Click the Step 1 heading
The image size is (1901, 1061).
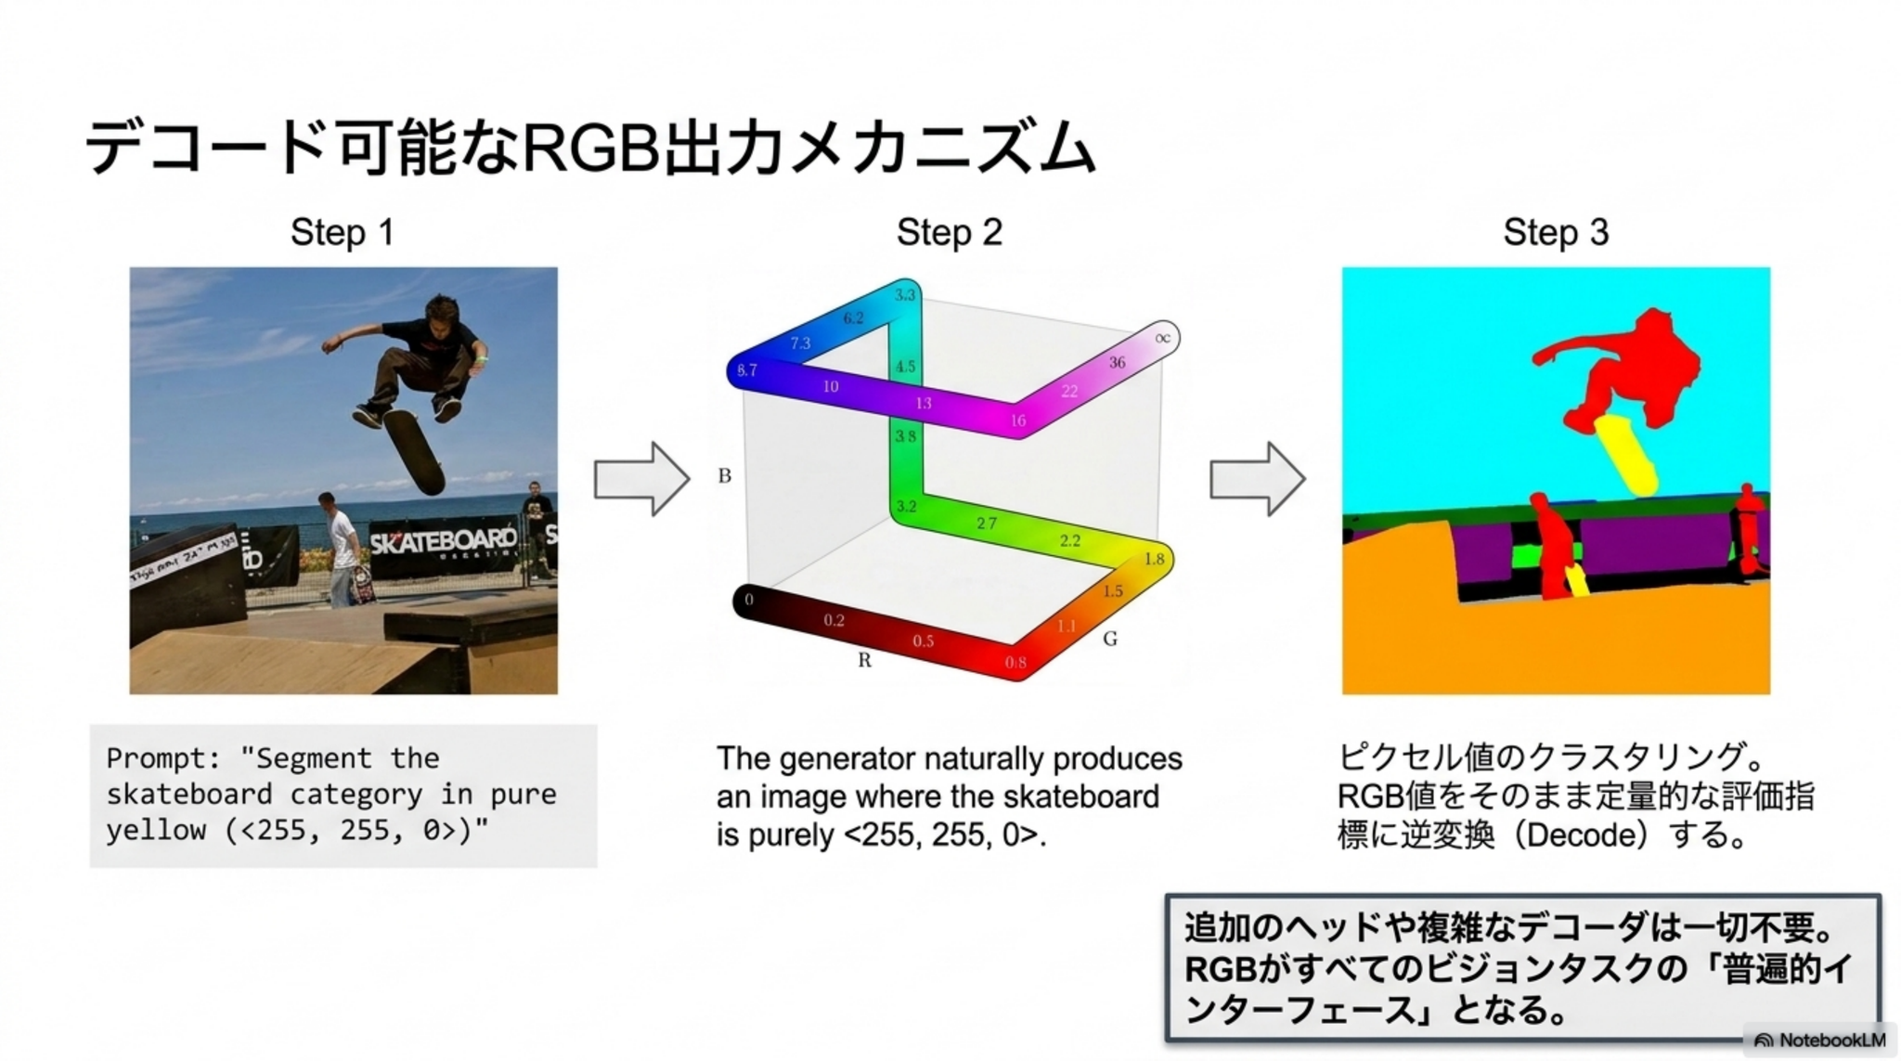(x=342, y=232)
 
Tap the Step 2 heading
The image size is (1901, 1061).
(x=949, y=232)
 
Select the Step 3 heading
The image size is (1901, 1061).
(x=1555, y=232)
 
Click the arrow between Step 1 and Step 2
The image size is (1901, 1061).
(x=641, y=478)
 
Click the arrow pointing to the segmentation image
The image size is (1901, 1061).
(x=1257, y=478)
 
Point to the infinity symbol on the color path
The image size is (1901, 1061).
(x=1162, y=338)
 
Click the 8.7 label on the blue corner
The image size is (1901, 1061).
(x=747, y=369)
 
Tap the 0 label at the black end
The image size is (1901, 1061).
(x=749, y=601)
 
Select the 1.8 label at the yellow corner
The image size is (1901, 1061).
(x=1154, y=559)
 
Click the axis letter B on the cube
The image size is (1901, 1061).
(x=725, y=476)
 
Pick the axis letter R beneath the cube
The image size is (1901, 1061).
(x=864, y=660)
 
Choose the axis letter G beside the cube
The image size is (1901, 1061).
(x=1110, y=639)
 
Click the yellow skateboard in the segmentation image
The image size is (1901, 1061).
(x=1627, y=455)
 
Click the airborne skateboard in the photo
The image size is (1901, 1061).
(x=414, y=452)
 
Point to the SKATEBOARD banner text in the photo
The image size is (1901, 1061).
(x=443, y=539)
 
